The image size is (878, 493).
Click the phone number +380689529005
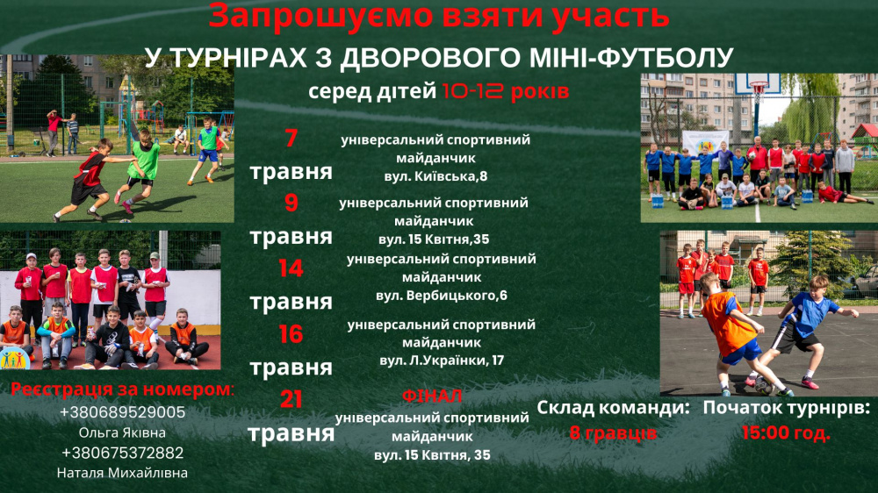[x=123, y=412]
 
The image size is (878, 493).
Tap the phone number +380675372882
[x=123, y=453]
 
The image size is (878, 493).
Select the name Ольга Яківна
[x=123, y=432]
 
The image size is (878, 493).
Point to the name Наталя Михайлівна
[x=123, y=473]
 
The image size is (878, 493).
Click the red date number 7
[x=291, y=139]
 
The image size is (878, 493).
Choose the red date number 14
[x=291, y=268]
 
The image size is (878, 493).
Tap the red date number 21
[x=291, y=400]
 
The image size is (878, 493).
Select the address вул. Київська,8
[x=436, y=177]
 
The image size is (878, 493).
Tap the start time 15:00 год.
[x=787, y=432]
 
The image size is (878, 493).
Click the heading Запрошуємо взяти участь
[x=439, y=15]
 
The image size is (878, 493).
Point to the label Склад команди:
[x=612, y=408]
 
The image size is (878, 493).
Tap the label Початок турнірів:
[x=787, y=408]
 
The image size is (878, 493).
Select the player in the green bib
[x=144, y=162]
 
